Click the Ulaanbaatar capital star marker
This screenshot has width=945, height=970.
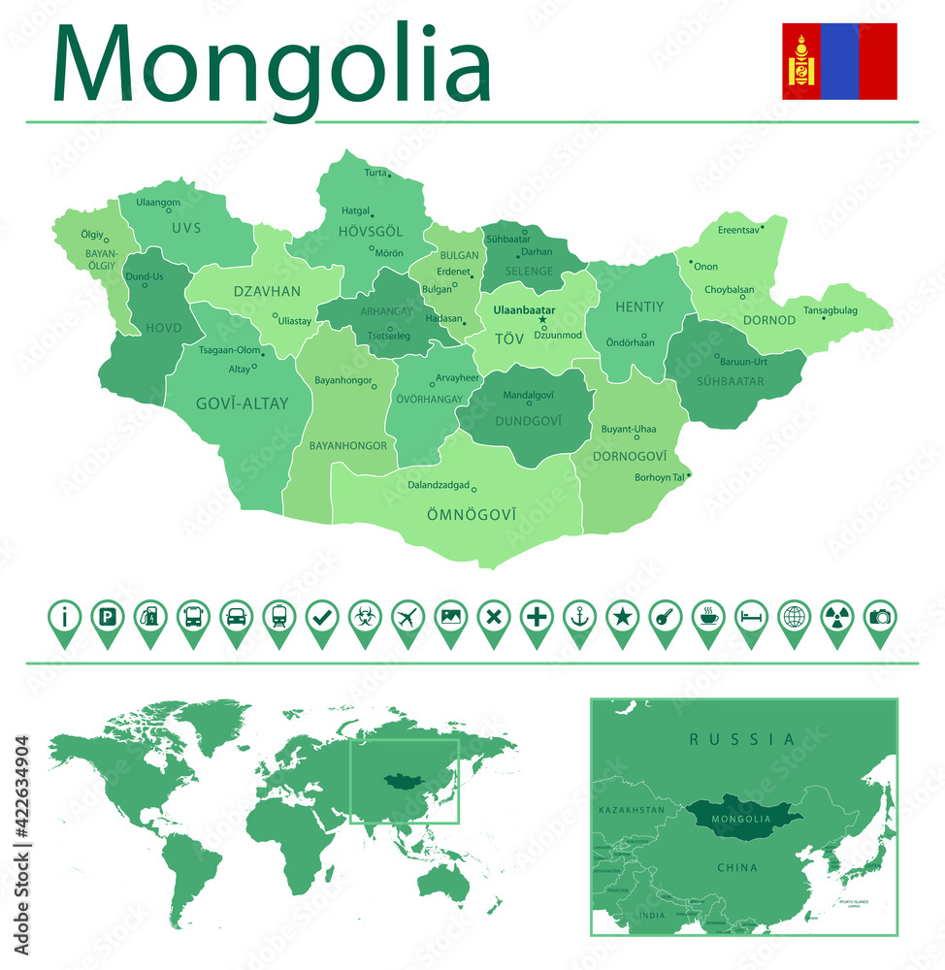542,320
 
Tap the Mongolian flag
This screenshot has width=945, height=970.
839,61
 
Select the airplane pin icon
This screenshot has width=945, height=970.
408,616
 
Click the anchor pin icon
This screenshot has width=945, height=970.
579,616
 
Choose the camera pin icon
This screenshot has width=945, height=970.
880,616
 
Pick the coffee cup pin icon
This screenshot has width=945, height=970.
708,616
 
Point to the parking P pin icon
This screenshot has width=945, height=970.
107,616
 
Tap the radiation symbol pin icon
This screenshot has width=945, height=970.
836,616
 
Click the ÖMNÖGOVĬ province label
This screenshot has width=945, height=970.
472,514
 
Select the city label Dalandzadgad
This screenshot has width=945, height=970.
439,485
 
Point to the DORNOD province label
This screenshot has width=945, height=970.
769,320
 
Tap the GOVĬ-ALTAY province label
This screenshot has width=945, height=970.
242,404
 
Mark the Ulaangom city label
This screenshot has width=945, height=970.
158,202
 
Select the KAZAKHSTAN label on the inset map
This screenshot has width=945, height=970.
632,809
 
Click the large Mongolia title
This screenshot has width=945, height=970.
272,66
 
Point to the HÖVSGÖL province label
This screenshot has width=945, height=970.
371,231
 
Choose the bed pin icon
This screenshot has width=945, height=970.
751,616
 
